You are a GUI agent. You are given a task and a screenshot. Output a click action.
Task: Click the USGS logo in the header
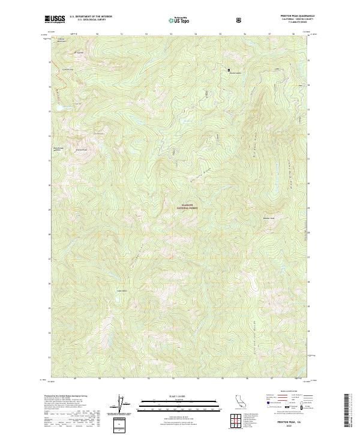point(55,19)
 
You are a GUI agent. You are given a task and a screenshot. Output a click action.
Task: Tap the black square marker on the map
point(229,70)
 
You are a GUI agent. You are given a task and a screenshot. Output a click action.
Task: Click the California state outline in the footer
point(235,403)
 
